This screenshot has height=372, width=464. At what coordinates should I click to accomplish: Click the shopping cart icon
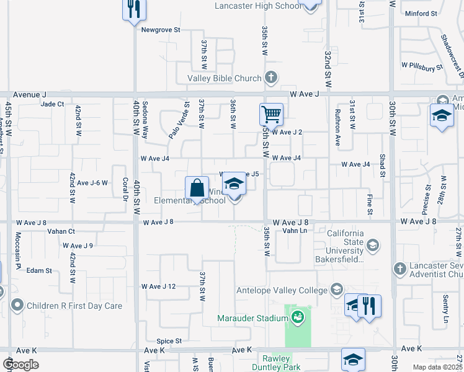271,114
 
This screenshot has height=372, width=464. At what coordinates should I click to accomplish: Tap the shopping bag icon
197,188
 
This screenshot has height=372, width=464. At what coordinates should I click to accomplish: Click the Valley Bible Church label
225,79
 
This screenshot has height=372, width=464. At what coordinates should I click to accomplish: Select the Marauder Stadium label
252,319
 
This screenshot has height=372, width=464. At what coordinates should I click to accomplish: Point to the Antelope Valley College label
281,290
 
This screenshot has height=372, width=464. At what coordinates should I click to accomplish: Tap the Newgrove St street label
160,29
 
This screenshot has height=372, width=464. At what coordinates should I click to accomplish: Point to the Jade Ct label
52,104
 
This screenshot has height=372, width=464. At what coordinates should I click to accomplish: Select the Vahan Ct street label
61,231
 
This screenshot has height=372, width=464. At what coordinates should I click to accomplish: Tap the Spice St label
169,341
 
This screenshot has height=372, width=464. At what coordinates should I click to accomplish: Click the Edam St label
39,271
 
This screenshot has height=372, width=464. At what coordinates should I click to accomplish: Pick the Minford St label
420,14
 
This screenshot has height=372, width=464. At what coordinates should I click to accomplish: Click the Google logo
20,365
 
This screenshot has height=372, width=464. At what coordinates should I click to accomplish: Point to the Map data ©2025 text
437,367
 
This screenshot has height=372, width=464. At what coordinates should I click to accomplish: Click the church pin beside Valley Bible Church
270,78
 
